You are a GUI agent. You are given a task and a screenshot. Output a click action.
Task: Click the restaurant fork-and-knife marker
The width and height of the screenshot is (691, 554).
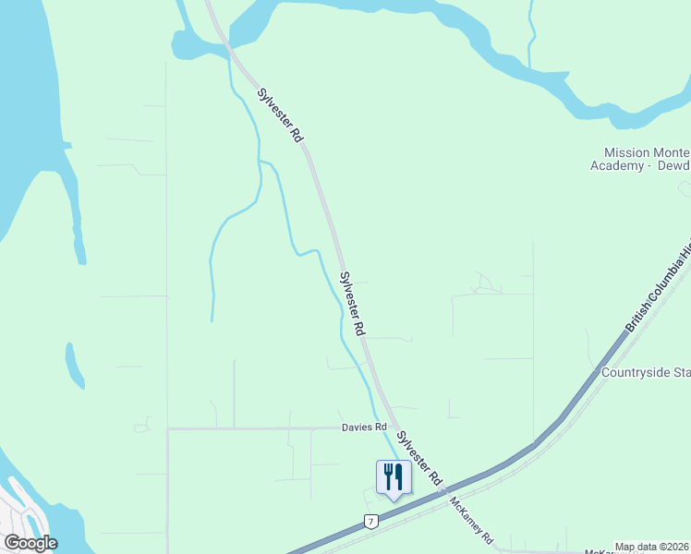click(x=394, y=477)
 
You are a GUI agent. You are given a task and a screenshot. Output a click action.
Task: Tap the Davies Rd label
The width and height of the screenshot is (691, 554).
click(x=363, y=428)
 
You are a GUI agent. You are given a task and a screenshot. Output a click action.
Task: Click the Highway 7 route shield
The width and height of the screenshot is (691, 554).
click(x=370, y=522)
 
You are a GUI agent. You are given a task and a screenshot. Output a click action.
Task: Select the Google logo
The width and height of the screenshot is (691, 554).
click(x=30, y=543)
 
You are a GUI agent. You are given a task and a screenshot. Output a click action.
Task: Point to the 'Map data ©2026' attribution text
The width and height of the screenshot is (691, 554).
click(x=652, y=547)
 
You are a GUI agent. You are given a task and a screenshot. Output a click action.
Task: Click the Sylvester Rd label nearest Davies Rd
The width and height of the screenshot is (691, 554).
click(x=418, y=459)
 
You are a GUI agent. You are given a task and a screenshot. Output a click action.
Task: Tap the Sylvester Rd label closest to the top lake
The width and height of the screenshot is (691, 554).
click(x=281, y=114)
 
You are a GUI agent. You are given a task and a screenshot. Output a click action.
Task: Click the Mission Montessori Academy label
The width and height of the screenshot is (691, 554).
click(x=643, y=159)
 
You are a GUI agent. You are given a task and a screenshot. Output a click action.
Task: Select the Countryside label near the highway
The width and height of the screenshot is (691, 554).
click(x=646, y=373)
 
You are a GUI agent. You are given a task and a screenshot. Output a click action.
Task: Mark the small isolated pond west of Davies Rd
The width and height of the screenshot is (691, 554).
click(x=74, y=366)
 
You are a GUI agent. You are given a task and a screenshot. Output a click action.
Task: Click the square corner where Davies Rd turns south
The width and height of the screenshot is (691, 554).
click(x=168, y=429)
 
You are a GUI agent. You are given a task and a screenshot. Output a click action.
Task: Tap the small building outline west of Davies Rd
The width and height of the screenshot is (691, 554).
click(x=141, y=427)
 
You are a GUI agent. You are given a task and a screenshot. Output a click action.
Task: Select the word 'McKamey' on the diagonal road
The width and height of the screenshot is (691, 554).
click(x=467, y=518)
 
